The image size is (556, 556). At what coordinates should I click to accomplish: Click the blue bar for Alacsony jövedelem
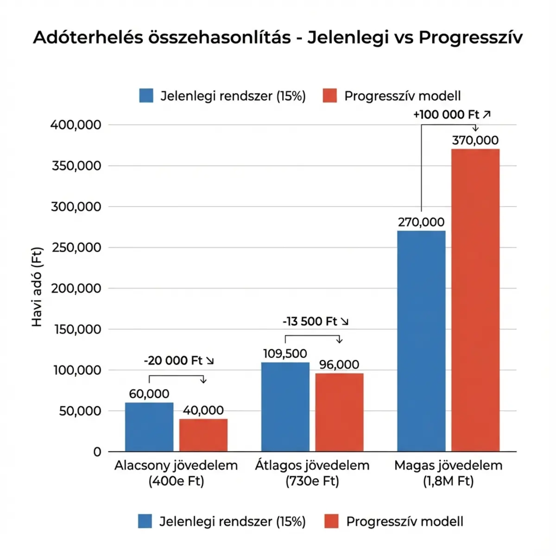pyautogui.click(x=149, y=427)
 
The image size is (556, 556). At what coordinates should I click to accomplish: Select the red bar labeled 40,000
pyautogui.click(x=203, y=435)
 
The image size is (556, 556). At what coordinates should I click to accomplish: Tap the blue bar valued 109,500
pyautogui.click(x=285, y=407)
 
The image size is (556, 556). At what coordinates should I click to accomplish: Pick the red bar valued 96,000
pyautogui.click(x=339, y=412)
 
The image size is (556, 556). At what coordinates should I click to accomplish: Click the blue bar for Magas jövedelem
pyautogui.click(x=421, y=341)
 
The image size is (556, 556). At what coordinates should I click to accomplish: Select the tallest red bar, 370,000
pyautogui.click(x=475, y=300)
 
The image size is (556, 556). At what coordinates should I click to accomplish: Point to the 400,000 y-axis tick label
pyautogui.click(x=76, y=125)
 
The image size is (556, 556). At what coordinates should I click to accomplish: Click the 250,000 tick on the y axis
pyautogui.click(x=76, y=247)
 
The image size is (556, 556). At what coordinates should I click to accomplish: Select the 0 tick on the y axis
pyautogui.click(x=97, y=452)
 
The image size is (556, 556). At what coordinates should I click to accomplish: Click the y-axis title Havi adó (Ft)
pyautogui.click(x=37, y=287)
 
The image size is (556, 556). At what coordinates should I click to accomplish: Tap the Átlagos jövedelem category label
pyautogui.click(x=312, y=465)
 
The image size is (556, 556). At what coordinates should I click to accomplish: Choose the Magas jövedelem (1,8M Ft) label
pyautogui.click(x=448, y=473)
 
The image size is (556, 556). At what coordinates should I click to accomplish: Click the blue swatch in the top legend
pyautogui.click(x=146, y=95)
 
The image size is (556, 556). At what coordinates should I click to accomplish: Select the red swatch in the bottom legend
pyautogui.click(x=331, y=521)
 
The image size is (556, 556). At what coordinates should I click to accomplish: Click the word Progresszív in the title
pyautogui.click(x=470, y=37)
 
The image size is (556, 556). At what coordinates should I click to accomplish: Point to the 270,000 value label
pyautogui.click(x=421, y=222)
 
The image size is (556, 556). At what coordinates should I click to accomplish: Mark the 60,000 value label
pyautogui.click(x=149, y=394)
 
